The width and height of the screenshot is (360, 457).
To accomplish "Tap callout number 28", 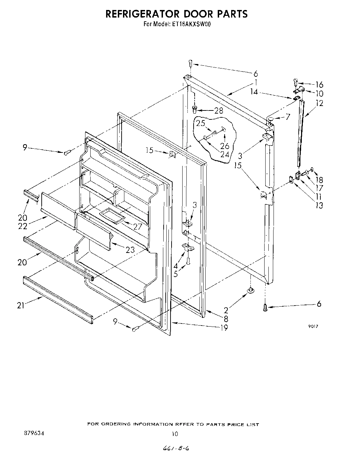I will tap(218, 110).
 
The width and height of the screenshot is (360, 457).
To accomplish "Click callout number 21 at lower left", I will tap(21, 305).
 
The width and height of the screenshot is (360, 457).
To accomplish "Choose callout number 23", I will tap(130, 249).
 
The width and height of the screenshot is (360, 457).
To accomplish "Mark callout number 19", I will tap(224, 327).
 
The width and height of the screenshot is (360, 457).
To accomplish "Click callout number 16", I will tap(319, 85).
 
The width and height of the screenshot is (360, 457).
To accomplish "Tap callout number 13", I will tap(319, 205).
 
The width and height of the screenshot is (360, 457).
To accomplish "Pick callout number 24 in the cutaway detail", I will tap(225, 154).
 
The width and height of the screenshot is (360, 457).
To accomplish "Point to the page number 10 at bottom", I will tap(175, 434).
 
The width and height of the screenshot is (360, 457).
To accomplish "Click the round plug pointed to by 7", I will tap(270, 119).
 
